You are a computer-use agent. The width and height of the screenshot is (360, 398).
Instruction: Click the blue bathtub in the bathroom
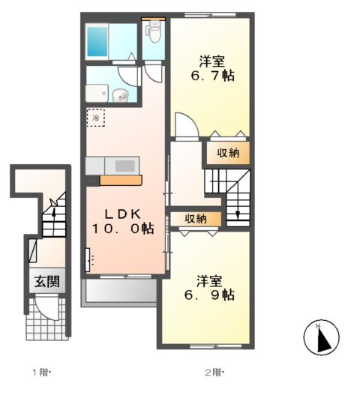click(99, 40)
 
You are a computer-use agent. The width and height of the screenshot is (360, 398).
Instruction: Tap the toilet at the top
click(154, 31)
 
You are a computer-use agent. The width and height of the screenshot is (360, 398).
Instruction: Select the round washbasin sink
click(121, 95)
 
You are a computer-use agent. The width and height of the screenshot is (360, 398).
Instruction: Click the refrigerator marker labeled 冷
click(96, 118)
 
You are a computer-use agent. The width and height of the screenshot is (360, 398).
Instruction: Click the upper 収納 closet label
click(228, 153)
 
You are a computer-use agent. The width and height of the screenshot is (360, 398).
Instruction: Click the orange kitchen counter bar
click(120, 180)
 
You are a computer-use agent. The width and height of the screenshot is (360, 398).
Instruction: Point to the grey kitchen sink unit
click(112, 165)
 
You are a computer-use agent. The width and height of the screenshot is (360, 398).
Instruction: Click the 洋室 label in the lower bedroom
click(210, 280)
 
